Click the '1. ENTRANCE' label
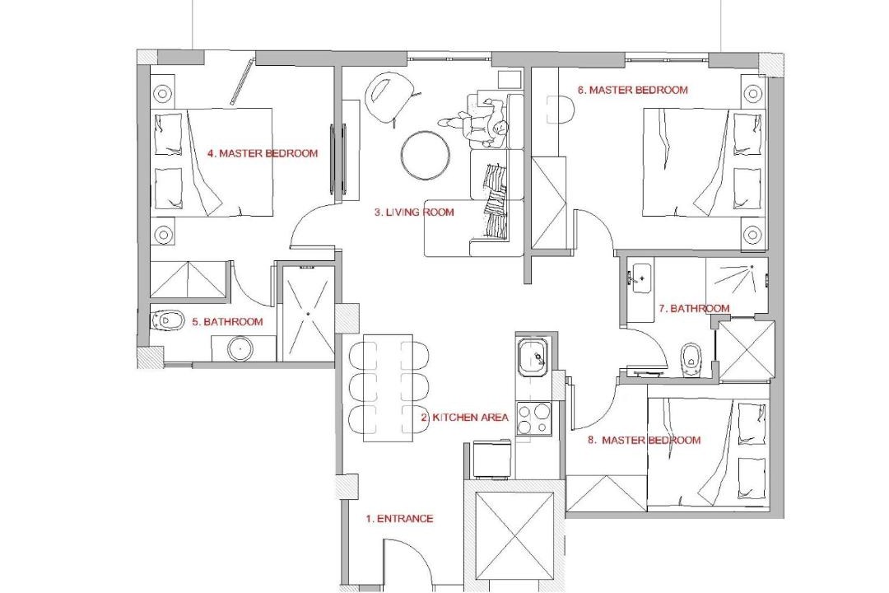[399, 519]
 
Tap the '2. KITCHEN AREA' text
[464, 418]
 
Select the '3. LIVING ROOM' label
[414, 212]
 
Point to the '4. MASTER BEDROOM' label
[263, 153]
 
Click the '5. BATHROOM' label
[227, 322]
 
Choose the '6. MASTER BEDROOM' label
[633, 90]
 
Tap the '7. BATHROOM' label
[694, 309]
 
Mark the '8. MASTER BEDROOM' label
[644, 441]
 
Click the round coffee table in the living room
[426, 156]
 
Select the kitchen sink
[532, 357]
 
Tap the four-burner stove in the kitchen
[533, 419]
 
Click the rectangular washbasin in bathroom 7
[641, 278]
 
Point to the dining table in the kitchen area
[388, 388]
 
